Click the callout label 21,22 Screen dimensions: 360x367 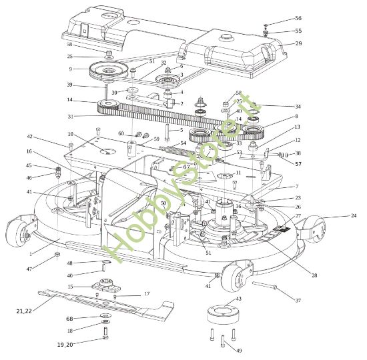pos(23,311)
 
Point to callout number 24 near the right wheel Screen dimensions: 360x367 pos(354,215)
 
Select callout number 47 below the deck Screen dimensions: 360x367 pos(29,268)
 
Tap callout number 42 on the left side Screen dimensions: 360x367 pos(29,137)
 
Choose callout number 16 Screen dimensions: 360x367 pos(29,152)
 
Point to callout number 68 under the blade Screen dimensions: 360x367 pos(69,317)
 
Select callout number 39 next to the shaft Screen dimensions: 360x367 pos(69,85)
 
